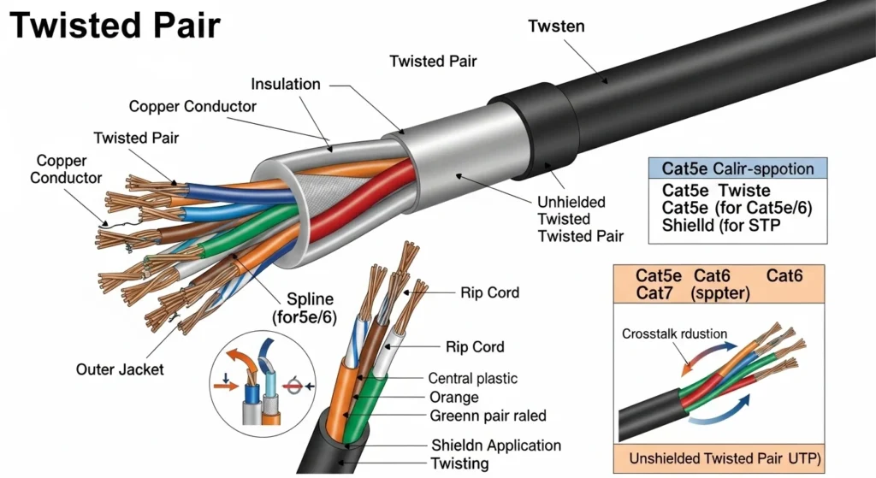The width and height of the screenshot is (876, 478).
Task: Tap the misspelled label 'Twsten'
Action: pyautogui.click(x=557, y=26)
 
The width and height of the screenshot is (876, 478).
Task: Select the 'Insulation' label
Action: pyautogui.click(x=286, y=84)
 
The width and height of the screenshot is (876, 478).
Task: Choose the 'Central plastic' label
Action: pyautogui.click(x=473, y=378)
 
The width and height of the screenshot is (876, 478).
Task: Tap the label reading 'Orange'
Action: pyautogui.click(x=453, y=398)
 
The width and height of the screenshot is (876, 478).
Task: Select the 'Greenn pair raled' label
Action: pyautogui.click(x=487, y=416)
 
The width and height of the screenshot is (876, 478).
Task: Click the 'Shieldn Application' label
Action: pyautogui.click(x=496, y=445)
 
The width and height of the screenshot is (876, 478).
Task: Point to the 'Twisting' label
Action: pyautogui.click(x=460, y=463)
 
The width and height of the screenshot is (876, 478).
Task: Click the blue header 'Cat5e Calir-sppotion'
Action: pyautogui.click(x=737, y=168)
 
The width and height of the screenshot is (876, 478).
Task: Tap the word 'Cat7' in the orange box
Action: pyautogui.click(x=655, y=293)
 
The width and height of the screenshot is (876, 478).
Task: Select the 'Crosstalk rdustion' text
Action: pyautogui.click(x=674, y=333)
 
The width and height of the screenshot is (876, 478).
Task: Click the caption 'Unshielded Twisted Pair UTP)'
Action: pyautogui.click(x=725, y=458)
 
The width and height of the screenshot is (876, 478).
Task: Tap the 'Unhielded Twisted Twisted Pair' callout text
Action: pyautogui.click(x=580, y=219)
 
